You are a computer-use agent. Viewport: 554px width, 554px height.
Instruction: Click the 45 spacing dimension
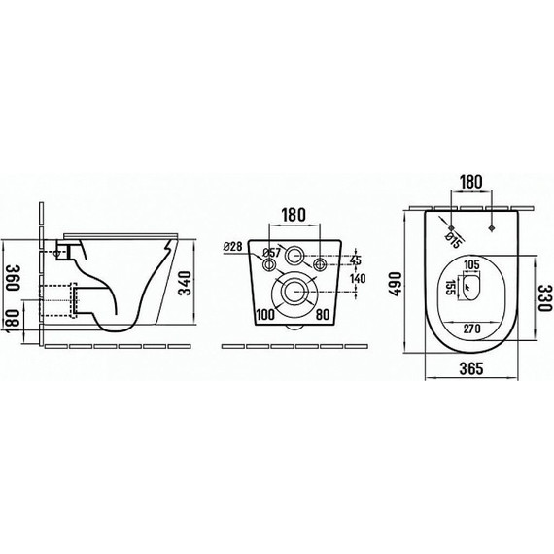pyautogui.click(x=355, y=260)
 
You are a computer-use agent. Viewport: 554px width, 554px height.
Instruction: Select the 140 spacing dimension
pyautogui.click(x=357, y=278)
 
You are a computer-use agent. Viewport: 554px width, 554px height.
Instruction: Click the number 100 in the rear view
pyautogui.click(x=263, y=316)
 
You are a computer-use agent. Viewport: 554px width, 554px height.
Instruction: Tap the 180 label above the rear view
pyautogui.click(x=294, y=214)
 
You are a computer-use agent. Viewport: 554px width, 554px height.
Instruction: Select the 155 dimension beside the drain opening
pyautogui.click(x=450, y=287)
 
